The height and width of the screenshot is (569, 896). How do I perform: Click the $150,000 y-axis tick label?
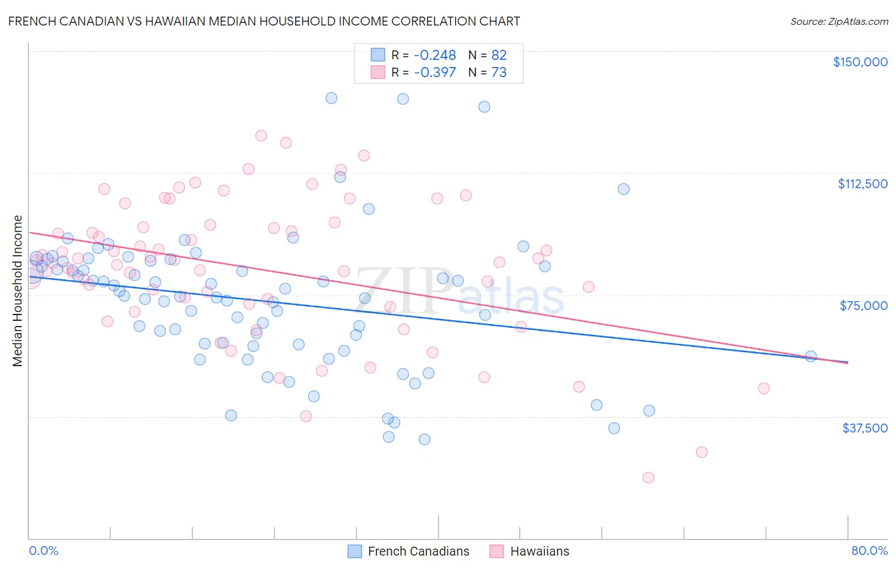point(860,62)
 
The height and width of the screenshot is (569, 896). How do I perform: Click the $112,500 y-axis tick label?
point(862,184)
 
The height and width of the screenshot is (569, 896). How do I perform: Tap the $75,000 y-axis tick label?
point(863,306)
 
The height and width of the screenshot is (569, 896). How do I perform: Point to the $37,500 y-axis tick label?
point(865,428)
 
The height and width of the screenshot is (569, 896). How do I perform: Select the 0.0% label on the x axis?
point(43,551)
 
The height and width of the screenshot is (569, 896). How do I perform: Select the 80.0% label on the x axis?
point(869,551)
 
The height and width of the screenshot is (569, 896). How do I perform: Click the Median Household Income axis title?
point(18,291)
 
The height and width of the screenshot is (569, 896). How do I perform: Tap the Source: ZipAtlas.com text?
point(839,21)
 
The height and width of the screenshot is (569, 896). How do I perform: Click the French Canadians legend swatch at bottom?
point(355,551)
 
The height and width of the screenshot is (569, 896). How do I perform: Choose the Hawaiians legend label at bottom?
point(539,551)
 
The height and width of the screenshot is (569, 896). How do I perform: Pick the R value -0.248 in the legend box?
point(435,55)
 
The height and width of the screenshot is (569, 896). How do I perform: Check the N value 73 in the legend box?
point(499,73)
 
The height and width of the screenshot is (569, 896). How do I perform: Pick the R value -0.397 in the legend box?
point(435,73)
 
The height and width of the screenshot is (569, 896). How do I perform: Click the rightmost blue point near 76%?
point(811,357)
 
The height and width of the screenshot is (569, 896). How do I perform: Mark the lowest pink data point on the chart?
point(648,478)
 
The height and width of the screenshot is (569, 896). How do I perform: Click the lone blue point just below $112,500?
point(623,189)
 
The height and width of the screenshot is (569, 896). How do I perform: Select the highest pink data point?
point(261,135)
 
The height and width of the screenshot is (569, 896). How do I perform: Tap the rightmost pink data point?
point(763,388)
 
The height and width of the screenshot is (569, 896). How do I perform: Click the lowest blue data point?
point(424,440)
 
